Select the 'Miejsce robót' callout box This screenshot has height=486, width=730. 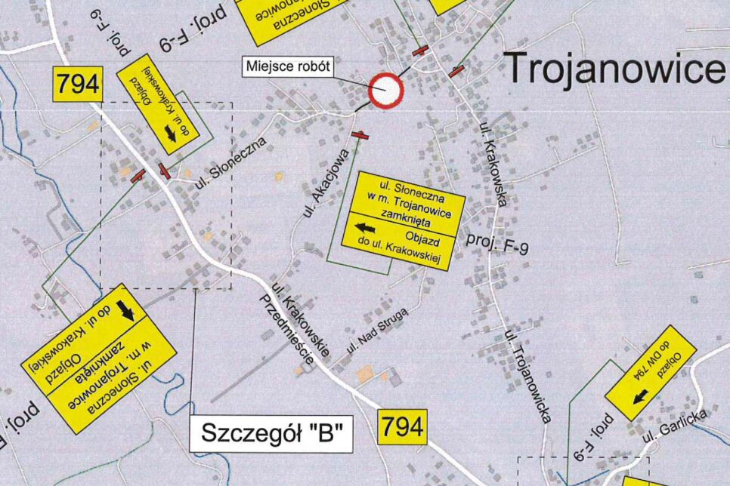click(289, 66)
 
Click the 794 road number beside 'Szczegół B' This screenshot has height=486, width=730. click(403, 427)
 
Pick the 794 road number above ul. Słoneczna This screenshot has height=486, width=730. click(76, 84)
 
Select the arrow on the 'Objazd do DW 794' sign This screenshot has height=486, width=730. click(640, 395)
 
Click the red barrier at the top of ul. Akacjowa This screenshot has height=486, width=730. click(361, 136)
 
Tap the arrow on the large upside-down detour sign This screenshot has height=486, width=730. click(126, 310)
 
